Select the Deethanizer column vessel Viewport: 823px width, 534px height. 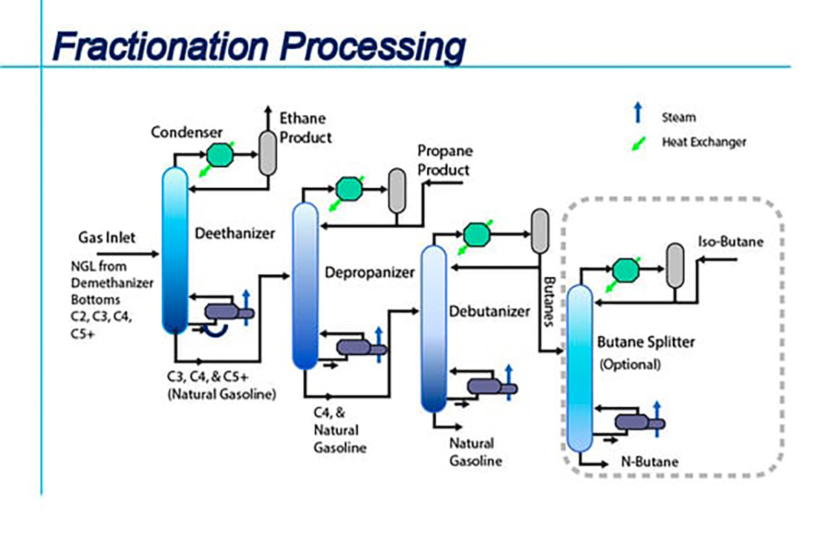(175, 250)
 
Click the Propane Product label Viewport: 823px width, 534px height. (444, 160)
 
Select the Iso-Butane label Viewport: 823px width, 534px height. (730, 242)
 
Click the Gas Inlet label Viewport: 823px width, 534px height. (106, 238)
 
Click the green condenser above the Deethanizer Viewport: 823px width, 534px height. (220, 155)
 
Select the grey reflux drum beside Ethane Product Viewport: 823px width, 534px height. (266, 151)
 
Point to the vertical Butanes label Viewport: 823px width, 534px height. (549, 302)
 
